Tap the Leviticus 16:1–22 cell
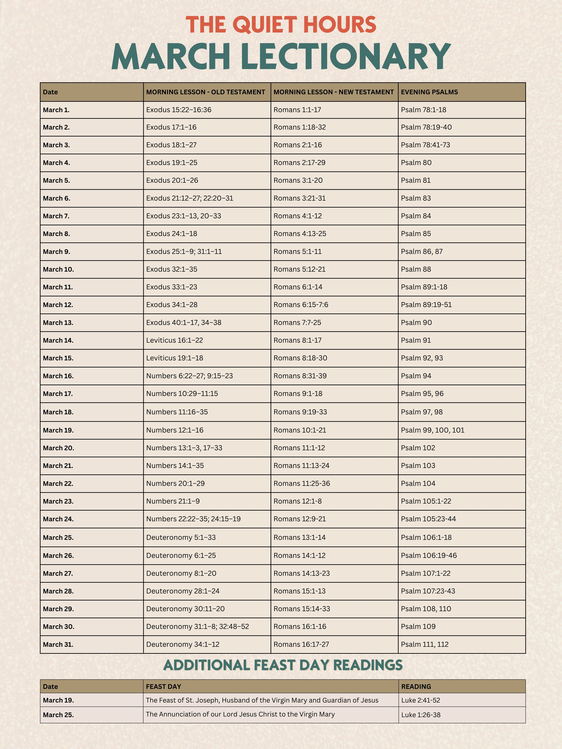pyautogui.click(x=174, y=340)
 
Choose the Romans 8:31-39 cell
pyautogui.click(x=300, y=376)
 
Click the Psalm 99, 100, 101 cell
pyautogui.click(x=433, y=430)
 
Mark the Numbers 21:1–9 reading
pyautogui.click(x=173, y=501)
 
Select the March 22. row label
pyautogui.click(x=58, y=484)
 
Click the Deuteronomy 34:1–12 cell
pyautogui.click(x=183, y=644)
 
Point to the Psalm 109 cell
pyautogui.click(x=418, y=626)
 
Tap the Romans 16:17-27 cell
pyautogui.click(x=301, y=644)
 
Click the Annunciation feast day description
pyautogui.click(x=240, y=714)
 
